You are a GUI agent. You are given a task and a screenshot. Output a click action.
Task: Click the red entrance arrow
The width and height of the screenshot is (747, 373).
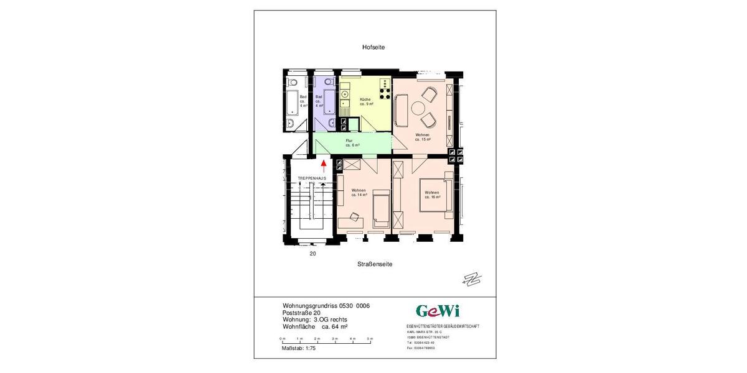point(324,165)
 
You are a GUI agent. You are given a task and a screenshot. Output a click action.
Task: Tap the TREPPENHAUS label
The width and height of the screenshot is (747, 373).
point(312,178)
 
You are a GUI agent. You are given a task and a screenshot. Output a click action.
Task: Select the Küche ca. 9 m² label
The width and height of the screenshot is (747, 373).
point(366,102)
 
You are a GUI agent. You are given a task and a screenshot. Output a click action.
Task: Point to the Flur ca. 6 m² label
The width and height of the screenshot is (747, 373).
point(352,143)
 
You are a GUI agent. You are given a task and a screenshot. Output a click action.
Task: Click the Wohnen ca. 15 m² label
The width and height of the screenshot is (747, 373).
point(423,137)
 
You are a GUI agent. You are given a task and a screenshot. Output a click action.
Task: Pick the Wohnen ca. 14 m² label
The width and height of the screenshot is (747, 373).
point(358,193)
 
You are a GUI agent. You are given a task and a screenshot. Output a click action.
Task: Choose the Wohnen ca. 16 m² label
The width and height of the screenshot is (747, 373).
point(432,195)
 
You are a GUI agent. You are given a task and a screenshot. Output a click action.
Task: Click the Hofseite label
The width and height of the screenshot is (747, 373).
point(374,47)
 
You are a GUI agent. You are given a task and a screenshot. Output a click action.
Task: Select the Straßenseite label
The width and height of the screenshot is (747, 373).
point(375,264)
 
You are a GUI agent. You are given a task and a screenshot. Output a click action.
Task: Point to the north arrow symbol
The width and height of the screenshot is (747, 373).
point(472,280)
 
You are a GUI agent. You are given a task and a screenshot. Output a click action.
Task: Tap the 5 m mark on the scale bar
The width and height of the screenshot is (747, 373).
point(370,339)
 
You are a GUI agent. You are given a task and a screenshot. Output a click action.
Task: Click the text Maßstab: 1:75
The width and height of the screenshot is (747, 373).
point(299,348)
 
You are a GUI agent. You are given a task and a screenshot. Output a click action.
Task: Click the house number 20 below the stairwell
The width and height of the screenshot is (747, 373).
point(312,254)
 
